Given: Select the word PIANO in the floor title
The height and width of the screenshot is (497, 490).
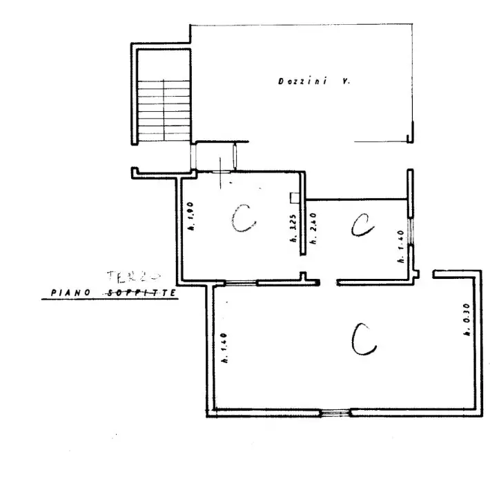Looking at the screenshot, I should coord(72,293).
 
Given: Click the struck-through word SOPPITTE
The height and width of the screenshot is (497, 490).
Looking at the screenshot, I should coord(142,293).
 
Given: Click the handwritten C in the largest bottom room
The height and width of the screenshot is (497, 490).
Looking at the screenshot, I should coord(363,339).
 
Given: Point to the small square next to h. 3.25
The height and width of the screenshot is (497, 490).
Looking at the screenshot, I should coord(295,198).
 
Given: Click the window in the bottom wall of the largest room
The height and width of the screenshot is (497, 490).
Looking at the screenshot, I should coord(335,413).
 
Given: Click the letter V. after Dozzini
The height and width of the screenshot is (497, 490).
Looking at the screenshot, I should coord(346,81).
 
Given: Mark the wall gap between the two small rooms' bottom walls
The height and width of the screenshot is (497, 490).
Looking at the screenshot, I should coord(329,282).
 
